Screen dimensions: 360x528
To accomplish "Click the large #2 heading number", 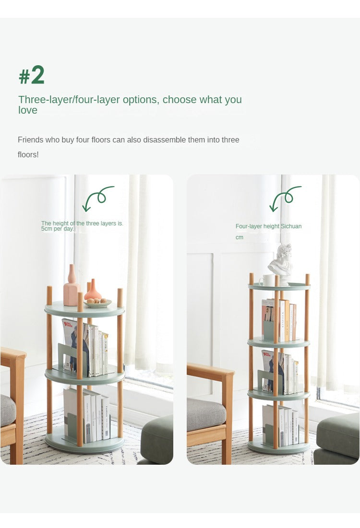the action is pos(32,75).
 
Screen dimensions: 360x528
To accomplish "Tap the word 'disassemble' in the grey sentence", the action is pos(165,140).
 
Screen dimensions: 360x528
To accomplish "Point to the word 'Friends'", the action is pos(30,140).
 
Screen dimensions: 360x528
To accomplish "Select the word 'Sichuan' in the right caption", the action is pos(291,226).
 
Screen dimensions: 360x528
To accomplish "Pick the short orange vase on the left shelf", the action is pos(93,290).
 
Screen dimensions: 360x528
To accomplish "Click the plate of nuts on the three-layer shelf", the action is pos(97,303).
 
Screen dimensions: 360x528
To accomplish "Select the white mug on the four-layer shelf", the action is pos(267,281).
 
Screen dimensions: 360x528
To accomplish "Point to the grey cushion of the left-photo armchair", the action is pos(7,410).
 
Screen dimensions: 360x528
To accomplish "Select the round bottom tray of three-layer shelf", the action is pos(85,442).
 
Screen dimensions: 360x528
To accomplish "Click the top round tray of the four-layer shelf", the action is pos(279,287).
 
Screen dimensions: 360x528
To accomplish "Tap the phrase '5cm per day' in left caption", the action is pos(57,229).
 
